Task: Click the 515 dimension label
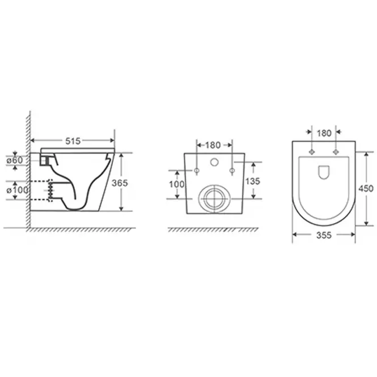[73, 141]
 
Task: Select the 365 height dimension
[120, 183]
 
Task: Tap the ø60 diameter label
[15, 160]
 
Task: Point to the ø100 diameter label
[17, 190]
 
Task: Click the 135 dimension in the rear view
[253, 181]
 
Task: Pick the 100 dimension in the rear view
[177, 184]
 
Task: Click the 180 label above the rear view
[213, 145]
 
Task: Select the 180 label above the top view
[324, 133]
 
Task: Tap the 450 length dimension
[366, 188]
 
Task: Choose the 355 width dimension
[324, 235]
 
